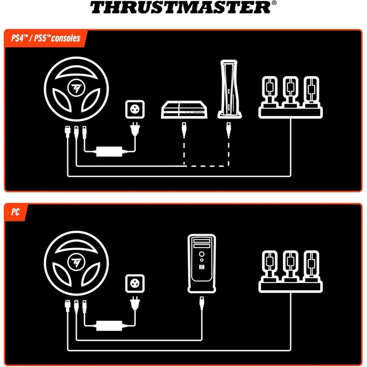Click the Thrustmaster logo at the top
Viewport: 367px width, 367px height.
(180, 7)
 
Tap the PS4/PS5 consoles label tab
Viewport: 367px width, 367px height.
(46, 38)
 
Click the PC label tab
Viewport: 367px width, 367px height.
(16, 212)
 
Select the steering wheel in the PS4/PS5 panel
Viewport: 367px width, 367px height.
(76, 89)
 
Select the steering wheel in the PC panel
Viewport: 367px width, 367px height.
(76, 263)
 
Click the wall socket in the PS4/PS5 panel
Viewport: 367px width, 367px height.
(135, 109)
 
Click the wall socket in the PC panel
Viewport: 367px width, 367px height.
(135, 284)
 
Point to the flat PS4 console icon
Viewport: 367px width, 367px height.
(184, 110)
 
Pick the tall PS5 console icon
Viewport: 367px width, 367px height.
(229, 89)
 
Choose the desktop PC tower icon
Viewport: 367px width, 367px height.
(202, 263)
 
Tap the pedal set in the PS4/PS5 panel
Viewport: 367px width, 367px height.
(290, 97)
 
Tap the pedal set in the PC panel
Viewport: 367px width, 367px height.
(290, 272)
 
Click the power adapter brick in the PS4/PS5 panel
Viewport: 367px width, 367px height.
(109, 152)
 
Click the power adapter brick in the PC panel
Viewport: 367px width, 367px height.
(109, 326)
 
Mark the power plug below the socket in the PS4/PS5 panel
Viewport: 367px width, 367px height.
(135, 129)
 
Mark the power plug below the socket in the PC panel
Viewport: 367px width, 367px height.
(135, 304)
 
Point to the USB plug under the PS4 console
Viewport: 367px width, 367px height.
(184, 130)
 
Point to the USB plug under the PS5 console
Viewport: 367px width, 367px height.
(228, 130)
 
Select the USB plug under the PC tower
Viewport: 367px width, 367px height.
(202, 304)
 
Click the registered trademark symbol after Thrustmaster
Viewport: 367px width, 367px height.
(274, 3)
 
